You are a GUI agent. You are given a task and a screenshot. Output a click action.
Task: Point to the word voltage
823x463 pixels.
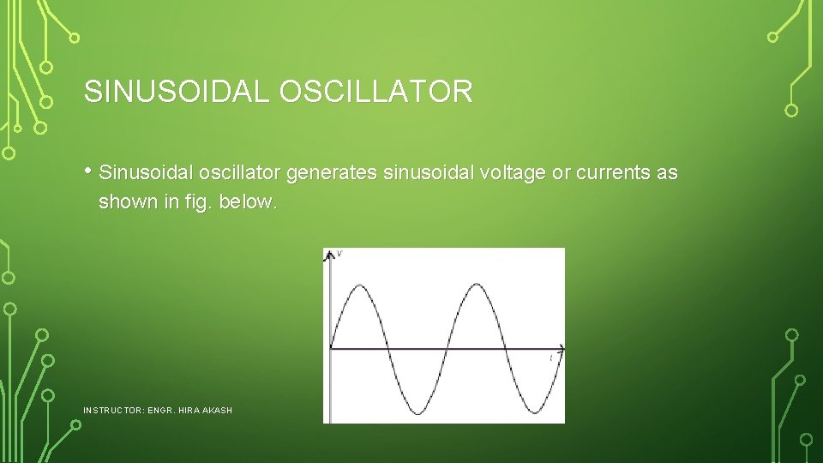pyautogui.click(x=513, y=173)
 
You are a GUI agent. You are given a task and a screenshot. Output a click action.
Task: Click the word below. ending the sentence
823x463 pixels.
pyautogui.click(x=248, y=202)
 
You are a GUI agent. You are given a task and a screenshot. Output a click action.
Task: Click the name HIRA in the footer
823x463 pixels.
pyautogui.click(x=189, y=411)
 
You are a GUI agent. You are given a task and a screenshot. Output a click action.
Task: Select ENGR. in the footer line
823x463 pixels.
pyautogui.click(x=160, y=411)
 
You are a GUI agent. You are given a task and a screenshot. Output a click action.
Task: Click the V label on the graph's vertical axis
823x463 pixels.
pyautogui.click(x=340, y=254)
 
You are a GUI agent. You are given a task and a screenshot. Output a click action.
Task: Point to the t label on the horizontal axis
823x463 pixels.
pyautogui.click(x=550, y=358)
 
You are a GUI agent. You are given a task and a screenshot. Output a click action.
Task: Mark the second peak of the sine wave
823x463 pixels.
pyautogui.click(x=474, y=284)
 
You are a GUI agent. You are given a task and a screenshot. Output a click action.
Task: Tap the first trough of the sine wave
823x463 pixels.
pyautogui.click(x=417, y=414)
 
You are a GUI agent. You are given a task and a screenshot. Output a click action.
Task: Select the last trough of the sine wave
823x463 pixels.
pyautogui.click(x=532, y=414)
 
